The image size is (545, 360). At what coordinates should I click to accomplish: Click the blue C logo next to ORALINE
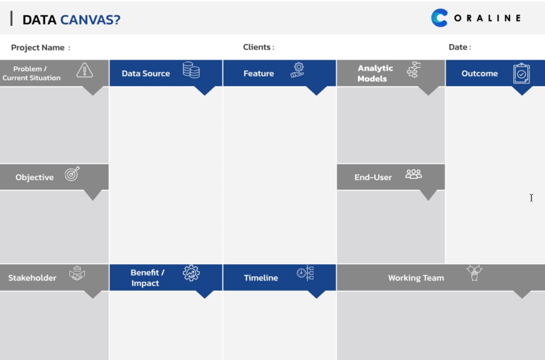point(439,18)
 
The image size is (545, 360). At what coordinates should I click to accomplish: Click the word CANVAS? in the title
point(90,20)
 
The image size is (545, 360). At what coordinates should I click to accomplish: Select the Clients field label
point(259,47)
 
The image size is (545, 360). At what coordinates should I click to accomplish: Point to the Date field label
point(460,47)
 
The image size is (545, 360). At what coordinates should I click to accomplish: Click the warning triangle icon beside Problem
point(85,70)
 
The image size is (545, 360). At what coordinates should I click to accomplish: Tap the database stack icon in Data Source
point(191,70)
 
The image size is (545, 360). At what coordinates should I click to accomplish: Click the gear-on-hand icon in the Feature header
point(298,70)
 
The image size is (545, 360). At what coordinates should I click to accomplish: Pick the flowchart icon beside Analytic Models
point(414,70)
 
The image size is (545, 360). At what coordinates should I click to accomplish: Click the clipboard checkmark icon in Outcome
point(522,73)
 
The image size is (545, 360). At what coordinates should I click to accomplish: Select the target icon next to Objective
point(72,173)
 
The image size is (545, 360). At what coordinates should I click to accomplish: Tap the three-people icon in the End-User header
point(414,174)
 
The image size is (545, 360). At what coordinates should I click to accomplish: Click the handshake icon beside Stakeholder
point(77,273)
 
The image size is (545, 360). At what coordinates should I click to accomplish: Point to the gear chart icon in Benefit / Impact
point(191,273)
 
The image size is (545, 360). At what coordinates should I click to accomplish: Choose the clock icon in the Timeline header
point(305,273)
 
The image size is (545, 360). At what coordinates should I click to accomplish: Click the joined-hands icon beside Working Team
point(474,272)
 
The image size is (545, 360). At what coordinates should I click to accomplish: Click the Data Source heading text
point(146,73)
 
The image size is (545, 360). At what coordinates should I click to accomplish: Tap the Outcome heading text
point(480,73)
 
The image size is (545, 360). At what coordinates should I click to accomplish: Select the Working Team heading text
point(416,278)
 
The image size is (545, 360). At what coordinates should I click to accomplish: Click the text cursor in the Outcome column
point(531,197)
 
